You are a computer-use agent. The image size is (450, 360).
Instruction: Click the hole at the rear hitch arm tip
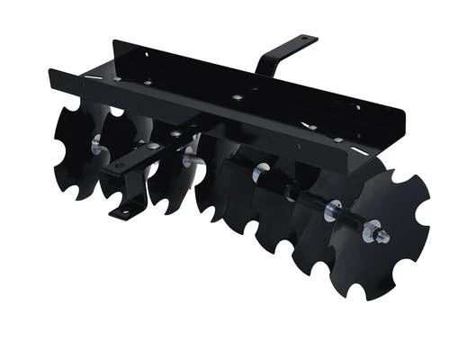304,40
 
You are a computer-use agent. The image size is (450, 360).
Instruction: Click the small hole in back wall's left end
146,53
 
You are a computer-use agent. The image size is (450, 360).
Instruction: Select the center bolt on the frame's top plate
236,96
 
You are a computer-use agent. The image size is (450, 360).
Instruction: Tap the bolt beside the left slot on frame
144,86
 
